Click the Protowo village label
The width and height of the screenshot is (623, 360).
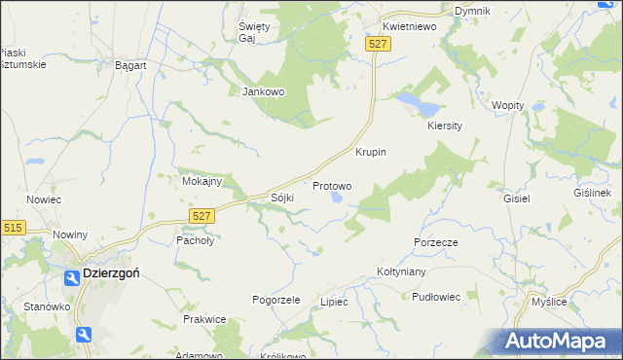[332, 185]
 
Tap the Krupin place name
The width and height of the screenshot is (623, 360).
[371, 153]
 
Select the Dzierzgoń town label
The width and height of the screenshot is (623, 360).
[111, 274]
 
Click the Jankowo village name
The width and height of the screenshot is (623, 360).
[262, 92]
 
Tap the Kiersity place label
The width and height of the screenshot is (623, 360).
[444, 126]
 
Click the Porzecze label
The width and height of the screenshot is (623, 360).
[435, 241]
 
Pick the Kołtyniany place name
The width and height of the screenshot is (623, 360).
[403, 273]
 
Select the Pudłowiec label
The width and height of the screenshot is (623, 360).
[435, 297]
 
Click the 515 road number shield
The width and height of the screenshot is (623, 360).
[13, 228]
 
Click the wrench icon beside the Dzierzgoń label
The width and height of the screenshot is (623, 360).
[71, 277]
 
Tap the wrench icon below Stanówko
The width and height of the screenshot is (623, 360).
[85, 335]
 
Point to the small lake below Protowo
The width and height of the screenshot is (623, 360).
[337, 198]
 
